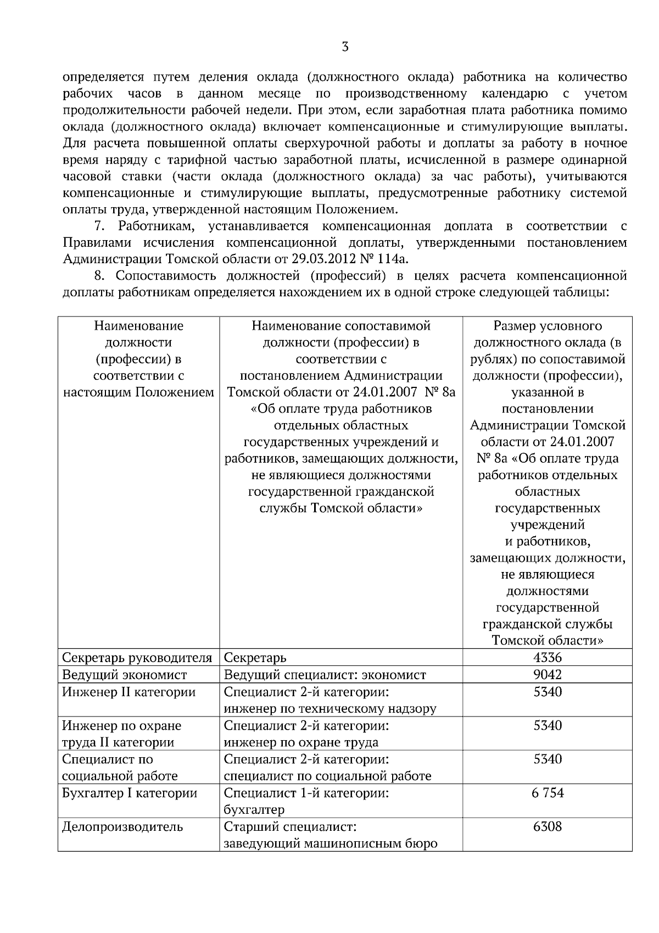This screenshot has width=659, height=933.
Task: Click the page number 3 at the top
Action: pyautogui.click(x=345, y=47)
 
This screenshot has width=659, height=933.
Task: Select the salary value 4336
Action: pyautogui.click(x=548, y=658)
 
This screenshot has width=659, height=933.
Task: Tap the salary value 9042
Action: pyautogui.click(x=548, y=675)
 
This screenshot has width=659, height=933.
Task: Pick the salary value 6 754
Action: pyautogui.click(x=548, y=793)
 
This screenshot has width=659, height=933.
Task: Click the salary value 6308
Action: pyautogui.click(x=548, y=826)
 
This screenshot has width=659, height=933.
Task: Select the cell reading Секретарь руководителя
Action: pyautogui.click(x=137, y=658)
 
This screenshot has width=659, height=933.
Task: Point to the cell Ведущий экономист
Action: pyautogui.click(x=125, y=675)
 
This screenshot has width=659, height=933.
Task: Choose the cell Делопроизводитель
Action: pyautogui.click(x=122, y=827)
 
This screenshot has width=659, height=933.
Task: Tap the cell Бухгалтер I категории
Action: pyautogui.click(x=130, y=793)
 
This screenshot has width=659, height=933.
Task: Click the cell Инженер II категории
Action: pyautogui.click(x=129, y=692)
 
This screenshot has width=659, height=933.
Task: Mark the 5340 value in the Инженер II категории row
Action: pyautogui.click(x=548, y=692)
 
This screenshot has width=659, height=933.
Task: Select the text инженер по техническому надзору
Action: pyautogui.click(x=330, y=709)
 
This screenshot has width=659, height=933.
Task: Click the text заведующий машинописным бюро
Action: pyautogui.click(x=331, y=843)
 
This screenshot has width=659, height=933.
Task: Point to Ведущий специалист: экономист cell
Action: pyautogui.click(x=325, y=675)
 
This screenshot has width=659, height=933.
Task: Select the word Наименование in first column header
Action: pyautogui.click(x=138, y=326)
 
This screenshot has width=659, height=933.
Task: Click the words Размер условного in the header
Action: pyautogui.click(x=548, y=326)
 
